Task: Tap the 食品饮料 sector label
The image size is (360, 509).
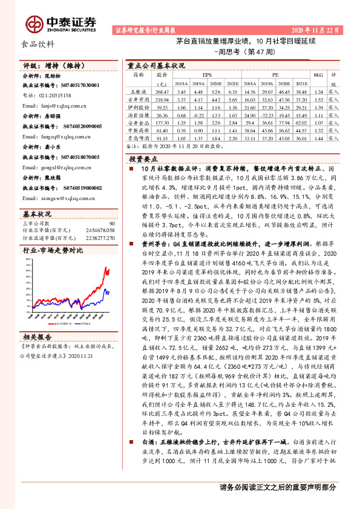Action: click(x=38, y=44)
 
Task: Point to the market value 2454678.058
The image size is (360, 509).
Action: click(x=97, y=230)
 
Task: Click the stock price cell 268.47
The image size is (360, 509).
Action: click(x=160, y=91)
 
